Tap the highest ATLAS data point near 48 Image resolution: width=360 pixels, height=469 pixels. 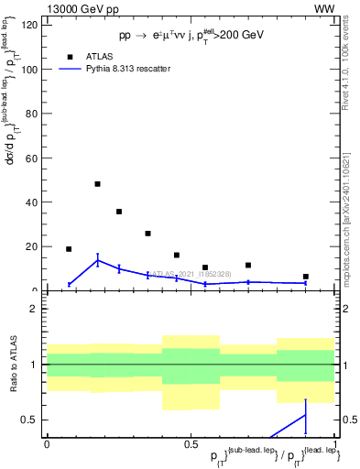tap(97, 184)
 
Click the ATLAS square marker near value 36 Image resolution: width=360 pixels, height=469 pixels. tap(119, 212)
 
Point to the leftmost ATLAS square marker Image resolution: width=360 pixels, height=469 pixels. tap(69, 249)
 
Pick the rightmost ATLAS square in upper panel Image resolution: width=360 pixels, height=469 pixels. tap(306, 277)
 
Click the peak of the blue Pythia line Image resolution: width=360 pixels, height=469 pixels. tap(97, 260)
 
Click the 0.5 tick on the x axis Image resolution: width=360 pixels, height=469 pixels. tap(190, 443)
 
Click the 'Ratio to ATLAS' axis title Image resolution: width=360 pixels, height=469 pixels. tap(12, 365)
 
